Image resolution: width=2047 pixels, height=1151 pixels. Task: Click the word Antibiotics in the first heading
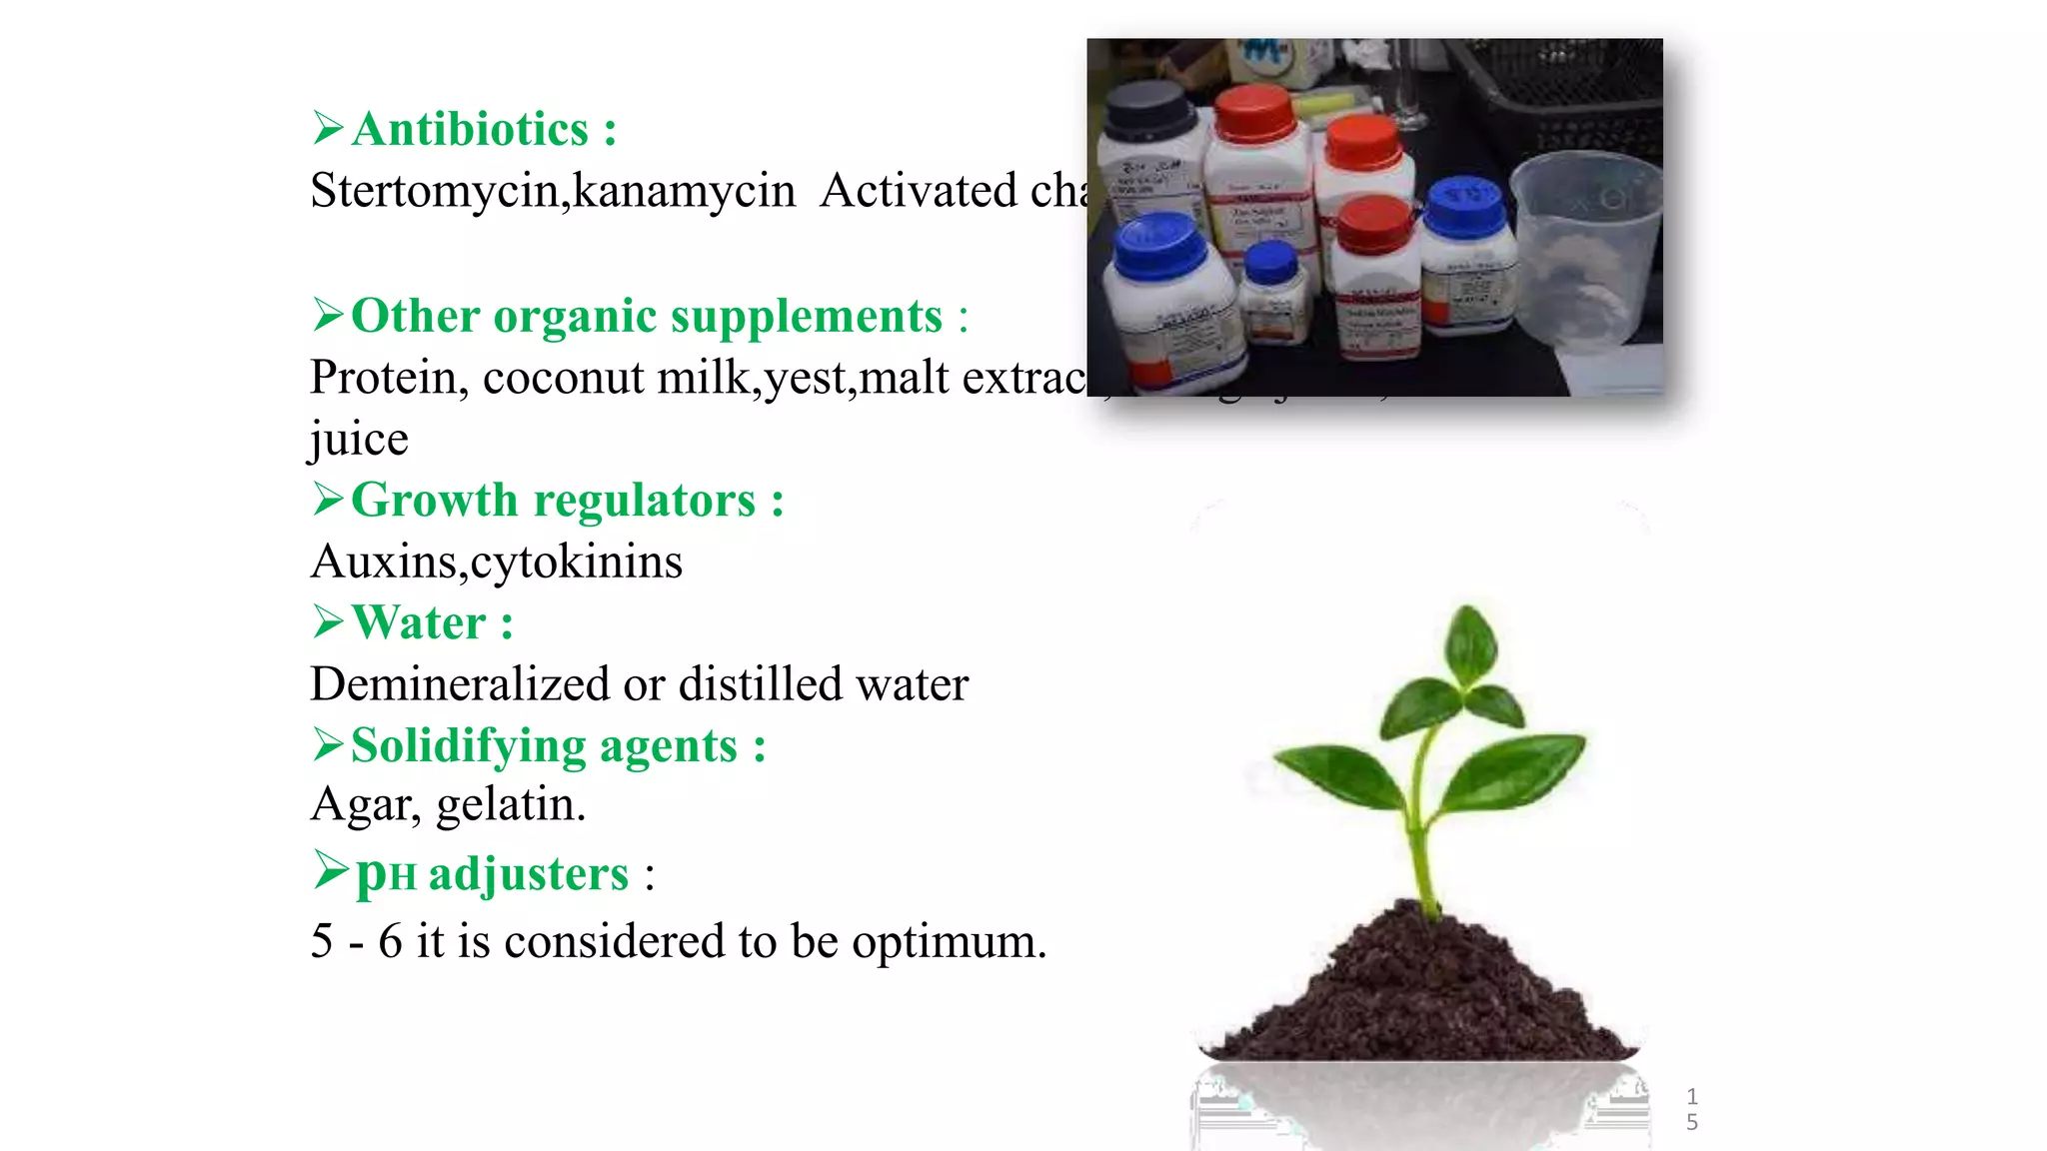coord(470,130)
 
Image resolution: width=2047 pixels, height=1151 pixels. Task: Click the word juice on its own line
coord(359,440)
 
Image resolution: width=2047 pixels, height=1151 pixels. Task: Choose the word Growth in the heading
coord(434,501)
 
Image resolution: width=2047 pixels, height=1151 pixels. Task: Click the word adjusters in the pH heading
coord(529,874)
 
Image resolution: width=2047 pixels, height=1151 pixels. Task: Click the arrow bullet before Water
coord(328,621)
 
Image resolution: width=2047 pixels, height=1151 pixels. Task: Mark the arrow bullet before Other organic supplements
coord(328,315)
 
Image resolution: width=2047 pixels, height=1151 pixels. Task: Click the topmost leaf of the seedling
coord(1472,644)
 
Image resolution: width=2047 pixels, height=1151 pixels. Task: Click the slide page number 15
coord(1691,1109)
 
